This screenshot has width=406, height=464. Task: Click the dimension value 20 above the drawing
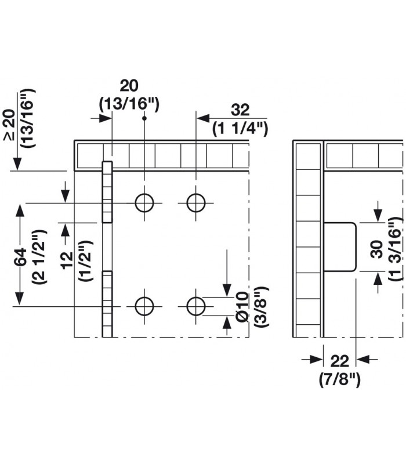(128, 86)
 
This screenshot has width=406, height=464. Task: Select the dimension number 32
(240, 110)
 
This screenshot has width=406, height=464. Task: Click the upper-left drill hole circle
(144, 202)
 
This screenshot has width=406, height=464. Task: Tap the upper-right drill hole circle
(196, 202)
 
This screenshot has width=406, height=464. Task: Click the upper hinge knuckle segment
(107, 191)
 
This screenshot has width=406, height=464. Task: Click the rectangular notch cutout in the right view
(340, 246)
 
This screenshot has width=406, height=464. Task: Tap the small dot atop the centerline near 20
(144, 118)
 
